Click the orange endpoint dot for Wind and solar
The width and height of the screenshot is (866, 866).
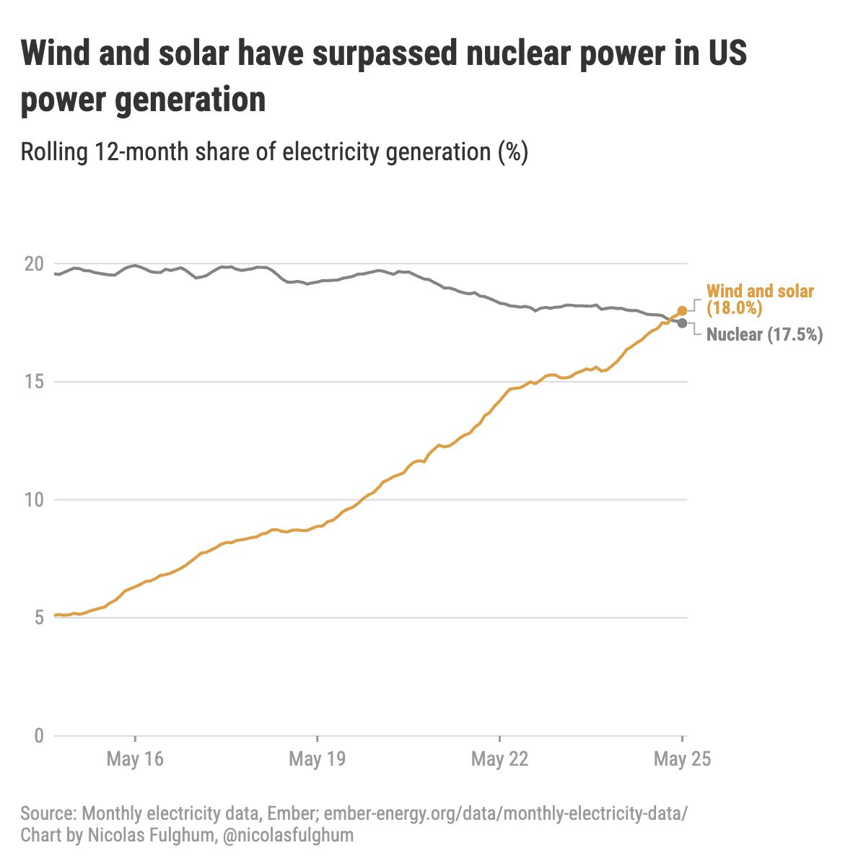pyautogui.click(x=682, y=310)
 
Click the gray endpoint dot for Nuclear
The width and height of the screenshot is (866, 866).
pyautogui.click(x=682, y=323)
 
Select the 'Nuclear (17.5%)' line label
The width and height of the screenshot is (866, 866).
pyautogui.click(x=764, y=335)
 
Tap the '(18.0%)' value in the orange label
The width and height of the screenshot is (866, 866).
pyautogui.click(x=734, y=308)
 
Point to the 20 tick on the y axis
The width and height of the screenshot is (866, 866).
pyautogui.click(x=34, y=264)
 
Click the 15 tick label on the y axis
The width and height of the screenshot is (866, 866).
pyautogui.click(x=34, y=382)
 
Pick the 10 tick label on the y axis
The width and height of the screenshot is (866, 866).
pyautogui.click(x=34, y=499)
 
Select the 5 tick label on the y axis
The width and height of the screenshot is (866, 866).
pyautogui.click(x=38, y=618)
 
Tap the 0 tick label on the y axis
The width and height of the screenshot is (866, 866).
pyautogui.click(x=38, y=736)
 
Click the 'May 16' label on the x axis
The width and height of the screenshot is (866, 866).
pyautogui.click(x=135, y=759)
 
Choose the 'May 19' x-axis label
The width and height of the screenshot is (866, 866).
pyautogui.click(x=318, y=759)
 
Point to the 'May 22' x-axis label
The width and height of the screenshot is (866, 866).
pyautogui.click(x=499, y=759)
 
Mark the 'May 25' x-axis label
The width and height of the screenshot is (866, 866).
pyautogui.click(x=682, y=759)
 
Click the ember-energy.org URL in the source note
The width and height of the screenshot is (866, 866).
pyautogui.click(x=506, y=814)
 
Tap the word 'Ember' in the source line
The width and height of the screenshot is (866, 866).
pyautogui.click(x=292, y=814)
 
